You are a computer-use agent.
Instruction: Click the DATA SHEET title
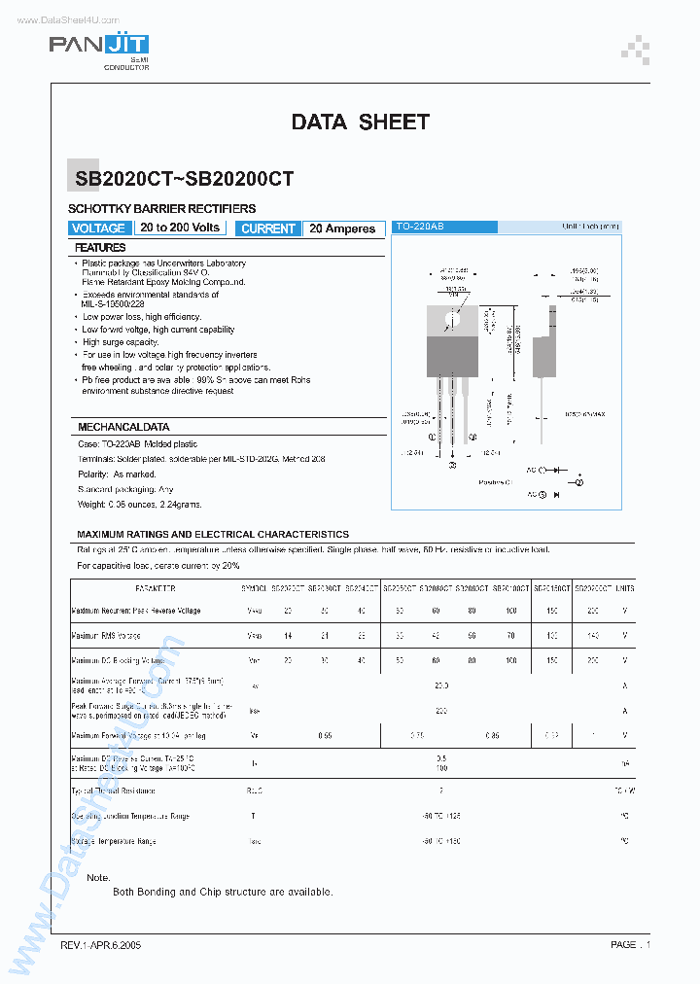pyautogui.click(x=360, y=123)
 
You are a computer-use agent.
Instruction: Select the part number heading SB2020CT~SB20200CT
pyautogui.click(x=185, y=179)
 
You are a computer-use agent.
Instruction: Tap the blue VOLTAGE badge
pyautogui.click(x=98, y=228)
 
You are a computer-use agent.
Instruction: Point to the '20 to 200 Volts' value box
pyautogui.click(x=180, y=228)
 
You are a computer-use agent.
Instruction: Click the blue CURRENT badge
pyautogui.click(x=267, y=228)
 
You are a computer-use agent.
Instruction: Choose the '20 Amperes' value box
pyautogui.click(x=342, y=228)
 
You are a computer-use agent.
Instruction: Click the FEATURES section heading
pyautogui.click(x=101, y=249)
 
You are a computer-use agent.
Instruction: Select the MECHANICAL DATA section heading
pyautogui.click(x=123, y=427)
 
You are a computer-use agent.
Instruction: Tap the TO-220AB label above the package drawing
pyautogui.click(x=419, y=227)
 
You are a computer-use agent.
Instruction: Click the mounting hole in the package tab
pyautogui.click(x=449, y=318)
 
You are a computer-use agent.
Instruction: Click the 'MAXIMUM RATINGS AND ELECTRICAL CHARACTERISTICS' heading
pyautogui.click(x=213, y=535)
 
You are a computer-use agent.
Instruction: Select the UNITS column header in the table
pyautogui.click(x=624, y=589)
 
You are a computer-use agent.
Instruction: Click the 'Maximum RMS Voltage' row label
pyautogui.click(x=106, y=636)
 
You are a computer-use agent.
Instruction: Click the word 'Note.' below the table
pyautogui.click(x=98, y=878)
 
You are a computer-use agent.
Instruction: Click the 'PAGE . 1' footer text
pyautogui.click(x=630, y=945)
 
